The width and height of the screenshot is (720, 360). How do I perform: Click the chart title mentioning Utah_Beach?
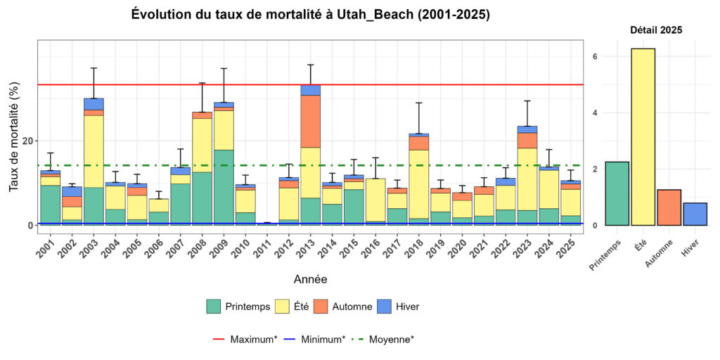click(x=310, y=15)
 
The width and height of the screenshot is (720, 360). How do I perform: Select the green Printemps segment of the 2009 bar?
click(x=224, y=186)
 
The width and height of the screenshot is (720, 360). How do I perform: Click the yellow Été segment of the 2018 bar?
click(x=418, y=184)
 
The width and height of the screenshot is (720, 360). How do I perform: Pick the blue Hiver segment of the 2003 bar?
click(x=94, y=104)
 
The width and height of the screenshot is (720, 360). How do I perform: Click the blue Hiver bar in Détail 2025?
click(x=695, y=214)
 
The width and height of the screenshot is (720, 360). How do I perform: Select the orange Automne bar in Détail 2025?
click(x=669, y=207)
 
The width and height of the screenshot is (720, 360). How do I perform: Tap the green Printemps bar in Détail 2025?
click(x=617, y=193)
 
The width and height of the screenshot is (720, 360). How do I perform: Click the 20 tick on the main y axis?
click(x=27, y=141)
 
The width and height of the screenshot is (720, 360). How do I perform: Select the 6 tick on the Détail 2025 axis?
click(x=594, y=56)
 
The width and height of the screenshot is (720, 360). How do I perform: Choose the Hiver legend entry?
click(x=402, y=307)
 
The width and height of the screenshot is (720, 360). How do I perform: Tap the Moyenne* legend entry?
click(x=385, y=339)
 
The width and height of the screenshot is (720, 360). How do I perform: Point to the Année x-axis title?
click(x=310, y=280)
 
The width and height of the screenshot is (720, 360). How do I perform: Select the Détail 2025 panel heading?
click(x=655, y=30)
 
